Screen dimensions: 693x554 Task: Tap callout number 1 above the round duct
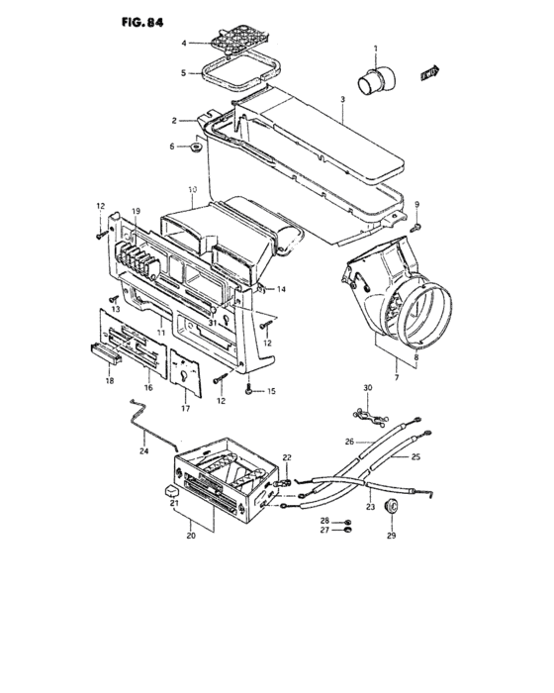pos(376,49)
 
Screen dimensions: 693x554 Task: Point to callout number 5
pos(184,73)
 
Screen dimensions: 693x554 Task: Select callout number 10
pos(192,188)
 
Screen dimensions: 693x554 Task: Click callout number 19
pos(136,211)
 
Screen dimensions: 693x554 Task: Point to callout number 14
pos(281,289)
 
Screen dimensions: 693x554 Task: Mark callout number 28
pos(325,520)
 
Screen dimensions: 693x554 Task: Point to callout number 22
pos(287,456)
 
